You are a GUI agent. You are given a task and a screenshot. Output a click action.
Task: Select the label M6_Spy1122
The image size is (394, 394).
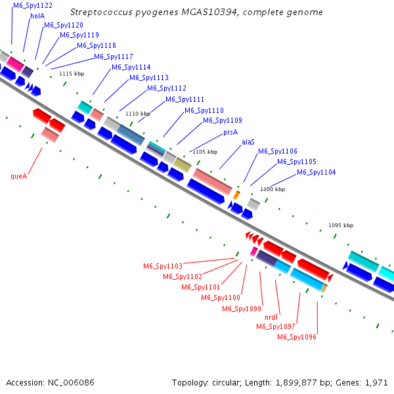point(33,5)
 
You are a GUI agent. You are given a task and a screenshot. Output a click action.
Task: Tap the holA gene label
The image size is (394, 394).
point(37,16)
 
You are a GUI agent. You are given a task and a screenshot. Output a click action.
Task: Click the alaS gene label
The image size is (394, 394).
point(248,142)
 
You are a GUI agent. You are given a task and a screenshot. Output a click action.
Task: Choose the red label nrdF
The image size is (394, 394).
point(272,317)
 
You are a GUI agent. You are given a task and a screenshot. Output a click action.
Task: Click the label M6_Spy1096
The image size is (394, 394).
point(297,337)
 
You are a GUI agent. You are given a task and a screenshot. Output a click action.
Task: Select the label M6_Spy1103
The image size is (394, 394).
point(163,267)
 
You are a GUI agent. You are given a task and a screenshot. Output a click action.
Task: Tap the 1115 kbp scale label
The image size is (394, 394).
point(72,74)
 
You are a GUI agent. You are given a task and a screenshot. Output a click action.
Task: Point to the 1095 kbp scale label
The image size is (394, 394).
point(341,225)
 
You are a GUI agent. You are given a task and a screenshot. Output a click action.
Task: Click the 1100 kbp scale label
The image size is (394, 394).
point(273,189)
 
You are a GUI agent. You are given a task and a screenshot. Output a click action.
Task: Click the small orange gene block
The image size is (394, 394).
point(237,195)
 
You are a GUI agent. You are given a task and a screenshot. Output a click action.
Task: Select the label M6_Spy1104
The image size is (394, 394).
point(317,173)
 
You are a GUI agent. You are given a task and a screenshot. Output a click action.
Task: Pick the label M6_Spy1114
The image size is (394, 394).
point(131,68)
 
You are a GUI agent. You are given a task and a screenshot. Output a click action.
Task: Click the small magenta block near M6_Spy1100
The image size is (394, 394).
point(253,251)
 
